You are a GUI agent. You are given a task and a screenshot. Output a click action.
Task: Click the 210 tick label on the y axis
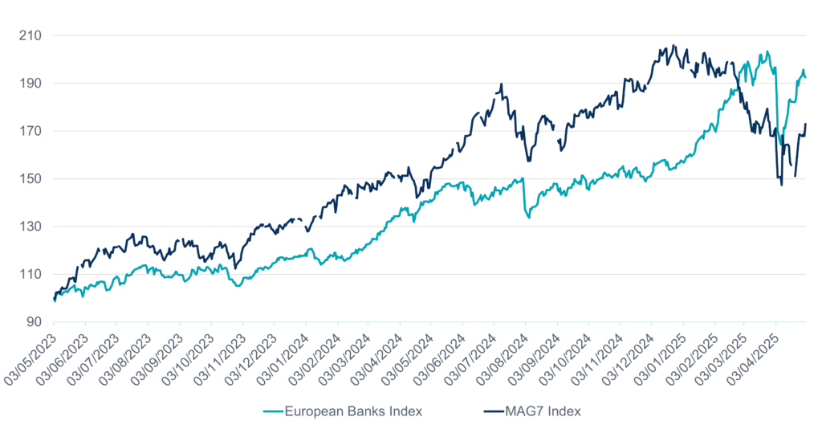point(33,36)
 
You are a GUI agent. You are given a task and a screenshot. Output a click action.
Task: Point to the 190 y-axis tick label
point(33,84)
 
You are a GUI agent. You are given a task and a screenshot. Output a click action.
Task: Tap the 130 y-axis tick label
point(33,227)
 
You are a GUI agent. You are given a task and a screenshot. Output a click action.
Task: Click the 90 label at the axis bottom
point(36,322)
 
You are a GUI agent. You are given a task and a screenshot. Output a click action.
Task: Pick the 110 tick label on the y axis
point(33,275)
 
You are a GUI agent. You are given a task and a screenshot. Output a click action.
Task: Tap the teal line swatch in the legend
point(276,411)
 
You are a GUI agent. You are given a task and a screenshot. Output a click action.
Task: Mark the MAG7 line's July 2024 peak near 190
point(502,83)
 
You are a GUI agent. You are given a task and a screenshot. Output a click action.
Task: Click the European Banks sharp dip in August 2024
point(528,217)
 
